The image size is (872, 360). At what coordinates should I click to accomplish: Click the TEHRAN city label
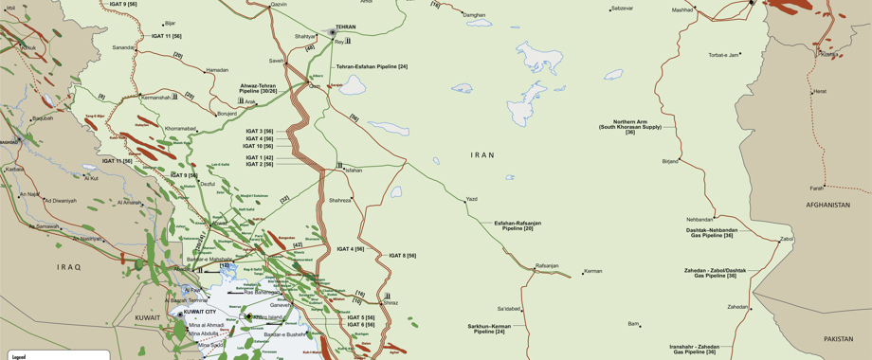[x=345, y=27]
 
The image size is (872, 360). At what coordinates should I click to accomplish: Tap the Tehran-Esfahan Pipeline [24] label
[x=372, y=66]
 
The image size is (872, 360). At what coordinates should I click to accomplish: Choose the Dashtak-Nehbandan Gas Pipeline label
[x=710, y=232]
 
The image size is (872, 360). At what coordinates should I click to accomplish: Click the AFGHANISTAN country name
[x=828, y=205]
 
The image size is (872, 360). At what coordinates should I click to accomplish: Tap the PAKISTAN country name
[x=839, y=338]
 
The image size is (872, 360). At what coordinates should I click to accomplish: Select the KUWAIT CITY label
[x=201, y=312]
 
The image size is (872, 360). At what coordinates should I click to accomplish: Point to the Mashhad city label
[x=682, y=9]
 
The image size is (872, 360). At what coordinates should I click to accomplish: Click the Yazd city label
[x=472, y=200]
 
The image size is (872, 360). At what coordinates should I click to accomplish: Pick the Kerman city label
[x=593, y=272]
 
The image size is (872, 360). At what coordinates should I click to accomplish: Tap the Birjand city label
[x=670, y=161]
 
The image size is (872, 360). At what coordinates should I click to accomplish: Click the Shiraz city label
[x=391, y=303]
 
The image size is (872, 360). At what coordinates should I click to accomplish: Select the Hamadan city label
[x=217, y=70]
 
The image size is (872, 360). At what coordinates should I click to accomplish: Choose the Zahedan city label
[x=737, y=307]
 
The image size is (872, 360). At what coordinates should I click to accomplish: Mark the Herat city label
[x=820, y=92]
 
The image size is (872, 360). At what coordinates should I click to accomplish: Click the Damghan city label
[x=474, y=15]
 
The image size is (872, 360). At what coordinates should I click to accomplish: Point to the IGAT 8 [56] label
[x=402, y=256]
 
